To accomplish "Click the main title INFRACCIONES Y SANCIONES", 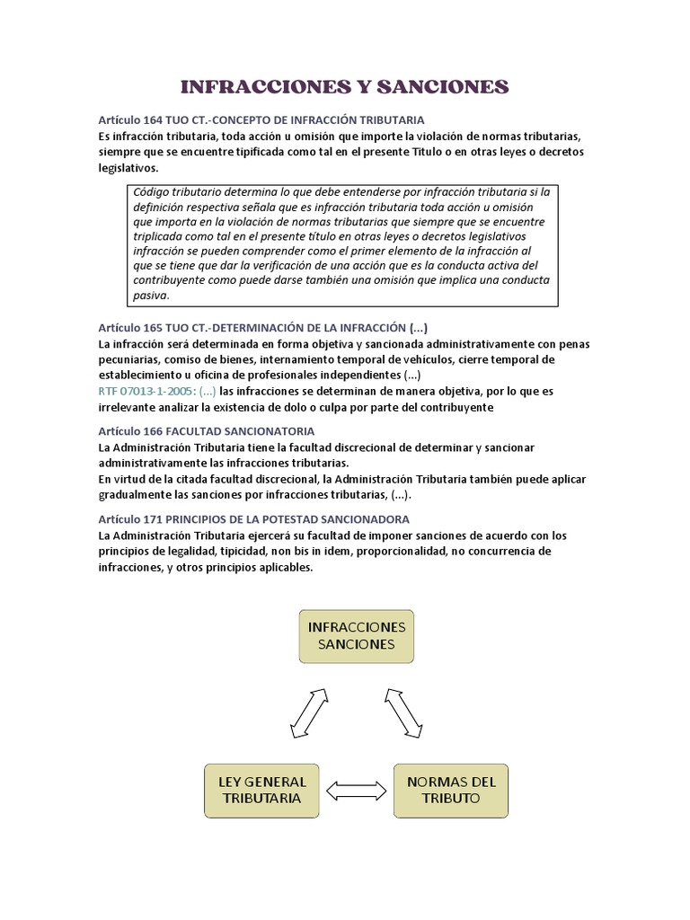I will pos(345,86).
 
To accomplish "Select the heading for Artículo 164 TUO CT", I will pos(261,119).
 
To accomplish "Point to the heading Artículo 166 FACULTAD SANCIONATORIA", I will pos(207,431).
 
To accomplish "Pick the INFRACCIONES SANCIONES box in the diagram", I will pos(357,635).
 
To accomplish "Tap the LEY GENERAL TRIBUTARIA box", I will pos(262,790).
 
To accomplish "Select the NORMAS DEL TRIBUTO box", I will pos(451,790).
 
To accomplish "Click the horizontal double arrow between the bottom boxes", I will pos(357,791).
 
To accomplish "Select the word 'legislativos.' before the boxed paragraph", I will pos(128,168).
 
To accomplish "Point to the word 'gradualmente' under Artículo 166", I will pos(136,495).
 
